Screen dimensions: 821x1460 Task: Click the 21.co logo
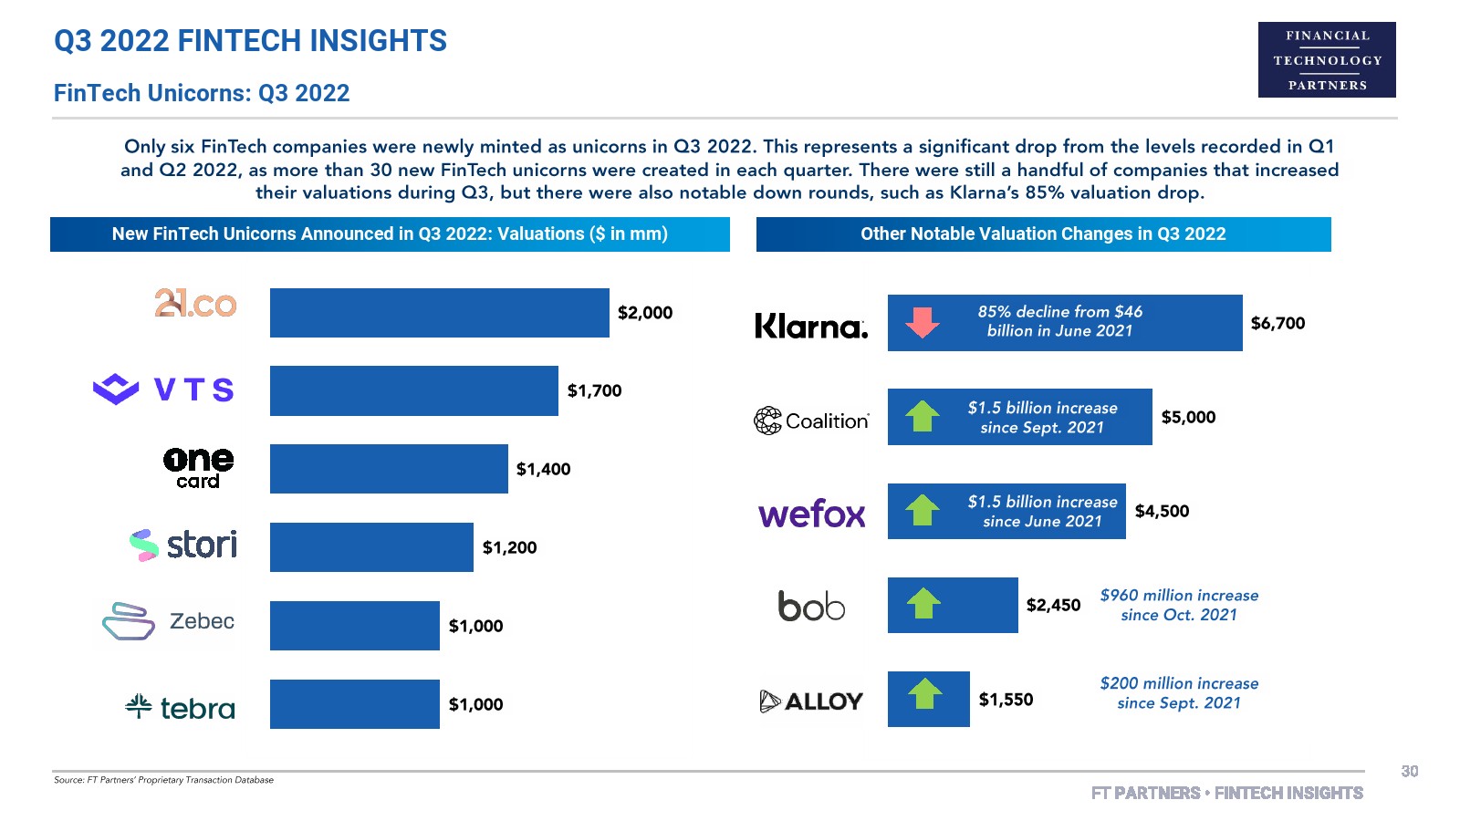pos(195,304)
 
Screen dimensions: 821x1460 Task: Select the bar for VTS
pos(413,390)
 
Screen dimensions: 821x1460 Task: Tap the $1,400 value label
pos(543,469)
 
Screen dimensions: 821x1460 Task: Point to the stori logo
pos(183,546)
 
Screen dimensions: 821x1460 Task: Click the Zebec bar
pos(354,626)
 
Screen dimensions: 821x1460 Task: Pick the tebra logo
pos(180,707)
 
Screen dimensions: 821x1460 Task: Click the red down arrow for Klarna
pos(923,322)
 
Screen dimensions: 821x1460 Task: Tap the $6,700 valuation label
pos(1277,323)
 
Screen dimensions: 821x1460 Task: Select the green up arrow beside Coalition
pos(923,416)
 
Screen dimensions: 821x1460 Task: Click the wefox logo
pos(811,514)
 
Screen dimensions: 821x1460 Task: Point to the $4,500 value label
pos(1162,511)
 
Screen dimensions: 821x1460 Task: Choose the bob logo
pos(811,606)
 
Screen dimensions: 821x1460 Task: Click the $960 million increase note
pos(1179,605)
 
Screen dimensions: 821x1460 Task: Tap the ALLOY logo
pos(811,701)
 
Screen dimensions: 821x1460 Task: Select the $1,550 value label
pos(1006,700)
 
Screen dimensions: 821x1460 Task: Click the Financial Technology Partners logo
pos(1327,60)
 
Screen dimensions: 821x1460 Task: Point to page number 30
pos(1409,772)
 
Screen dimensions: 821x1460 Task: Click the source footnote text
pos(163,780)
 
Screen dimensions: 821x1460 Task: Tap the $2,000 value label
pos(644,313)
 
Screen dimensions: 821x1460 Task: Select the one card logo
pos(198,468)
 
